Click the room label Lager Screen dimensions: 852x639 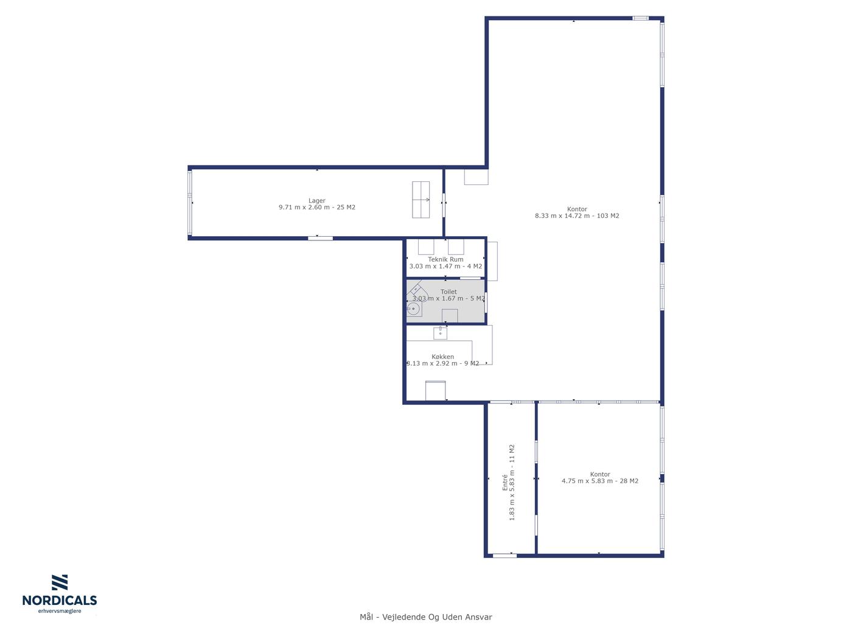pyautogui.click(x=316, y=201)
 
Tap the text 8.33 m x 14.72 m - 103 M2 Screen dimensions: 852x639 pyautogui.click(x=577, y=215)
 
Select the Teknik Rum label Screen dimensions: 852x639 pyautogui.click(x=445, y=259)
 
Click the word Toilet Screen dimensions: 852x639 pyautogui.click(x=449, y=292)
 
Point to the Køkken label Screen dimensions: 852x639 pyautogui.click(x=442, y=357)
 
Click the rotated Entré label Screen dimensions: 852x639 pyautogui.click(x=505, y=482)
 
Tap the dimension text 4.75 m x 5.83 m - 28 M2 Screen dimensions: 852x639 pyautogui.click(x=599, y=481)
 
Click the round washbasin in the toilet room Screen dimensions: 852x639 pyautogui.click(x=413, y=309)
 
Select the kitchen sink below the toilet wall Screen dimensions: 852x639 pyautogui.click(x=440, y=332)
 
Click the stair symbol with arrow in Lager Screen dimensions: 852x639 pyautogui.click(x=421, y=200)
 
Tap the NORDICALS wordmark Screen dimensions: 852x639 pyautogui.click(x=60, y=600)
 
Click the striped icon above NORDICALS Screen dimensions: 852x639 pyautogui.click(x=60, y=582)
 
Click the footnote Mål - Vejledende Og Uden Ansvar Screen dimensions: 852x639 pyautogui.click(x=426, y=617)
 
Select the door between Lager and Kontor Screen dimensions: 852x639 pyautogui.click(x=444, y=205)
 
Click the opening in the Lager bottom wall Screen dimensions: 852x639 pyautogui.click(x=320, y=238)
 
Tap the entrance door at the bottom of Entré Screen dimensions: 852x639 pyautogui.click(x=505, y=556)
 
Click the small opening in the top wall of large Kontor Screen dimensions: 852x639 pyautogui.click(x=640, y=18)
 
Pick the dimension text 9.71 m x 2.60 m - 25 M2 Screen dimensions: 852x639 pyautogui.click(x=316, y=207)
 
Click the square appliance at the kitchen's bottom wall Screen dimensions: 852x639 pyautogui.click(x=436, y=391)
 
